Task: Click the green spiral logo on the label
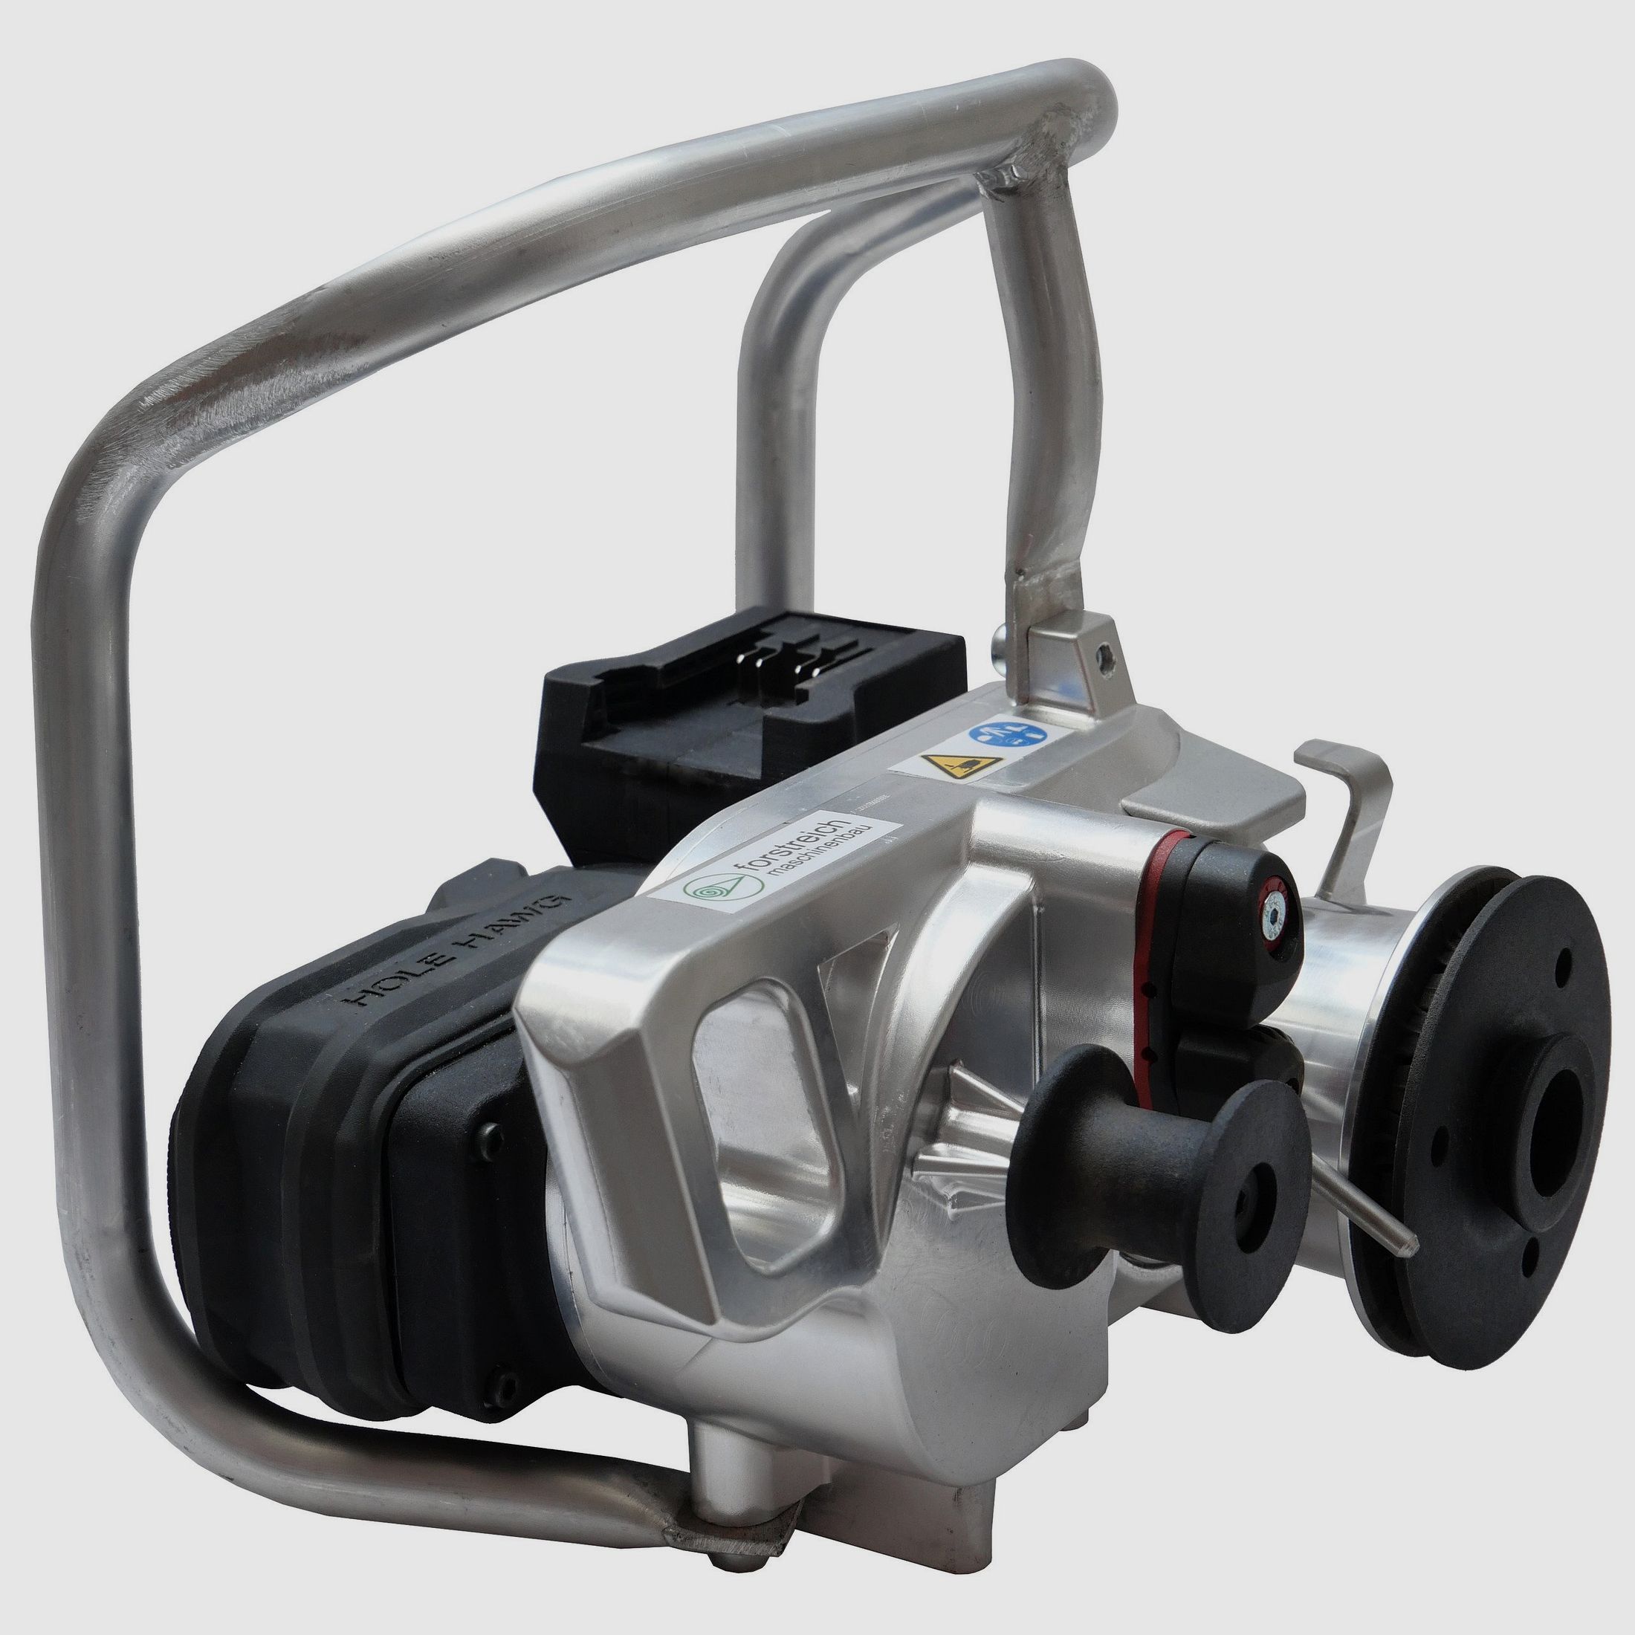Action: coord(708,889)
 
